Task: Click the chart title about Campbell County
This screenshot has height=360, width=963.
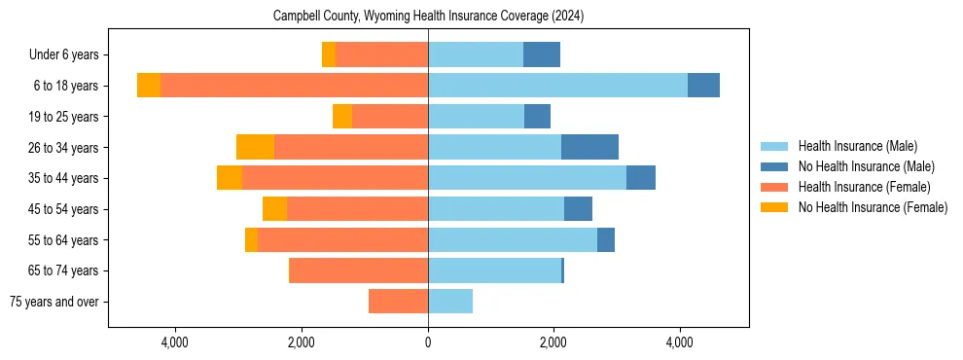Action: (x=428, y=17)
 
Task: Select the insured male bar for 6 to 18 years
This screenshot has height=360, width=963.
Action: (x=557, y=86)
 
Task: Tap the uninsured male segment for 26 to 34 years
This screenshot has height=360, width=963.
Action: (x=589, y=147)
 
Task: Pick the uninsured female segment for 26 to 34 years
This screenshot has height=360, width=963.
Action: (x=255, y=147)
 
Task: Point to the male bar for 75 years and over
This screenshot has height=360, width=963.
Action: (x=450, y=302)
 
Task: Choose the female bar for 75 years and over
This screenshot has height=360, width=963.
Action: (x=398, y=302)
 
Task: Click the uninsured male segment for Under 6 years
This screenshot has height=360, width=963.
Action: (x=542, y=54)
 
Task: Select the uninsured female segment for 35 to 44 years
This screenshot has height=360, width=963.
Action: (x=230, y=178)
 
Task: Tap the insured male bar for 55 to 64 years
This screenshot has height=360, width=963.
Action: (x=513, y=239)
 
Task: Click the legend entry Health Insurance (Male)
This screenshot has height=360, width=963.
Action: (x=857, y=146)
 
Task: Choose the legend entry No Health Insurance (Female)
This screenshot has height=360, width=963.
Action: (x=873, y=207)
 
